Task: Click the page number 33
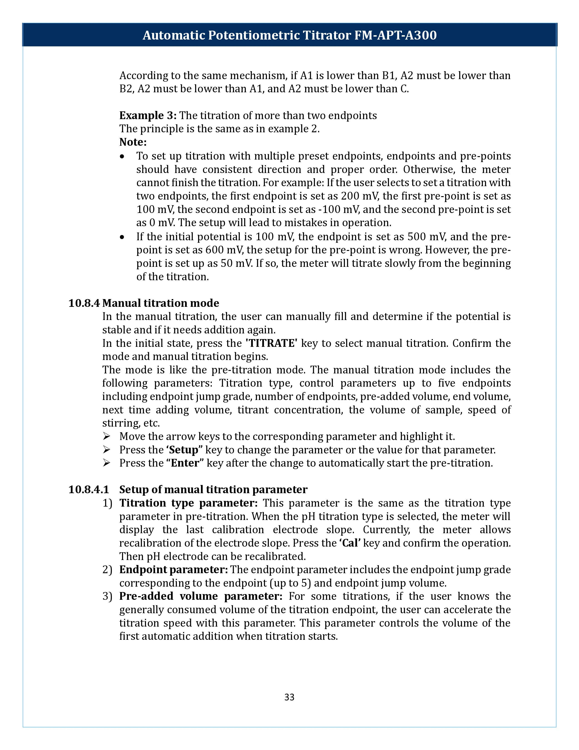[289, 697]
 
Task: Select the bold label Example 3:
[148, 115]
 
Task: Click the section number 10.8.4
[84, 303]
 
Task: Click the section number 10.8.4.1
[89, 489]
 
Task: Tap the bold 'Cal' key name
[350, 543]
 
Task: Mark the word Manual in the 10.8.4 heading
[121, 303]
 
